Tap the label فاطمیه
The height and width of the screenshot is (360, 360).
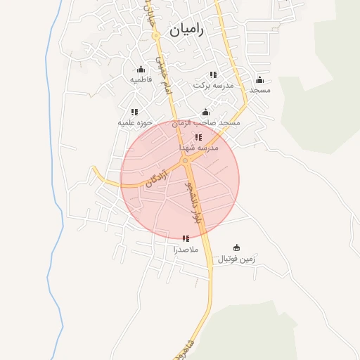tap(141, 80)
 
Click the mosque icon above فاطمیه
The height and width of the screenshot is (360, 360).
tap(141, 69)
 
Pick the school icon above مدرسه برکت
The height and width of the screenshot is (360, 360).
tap(213, 75)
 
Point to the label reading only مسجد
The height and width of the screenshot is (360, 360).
tap(259, 90)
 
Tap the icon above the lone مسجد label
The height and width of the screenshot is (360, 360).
tap(259, 79)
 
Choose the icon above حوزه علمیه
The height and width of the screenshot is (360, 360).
tap(134, 112)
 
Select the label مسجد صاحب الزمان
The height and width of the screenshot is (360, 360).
tap(210, 123)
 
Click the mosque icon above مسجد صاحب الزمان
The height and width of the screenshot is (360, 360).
tap(205, 112)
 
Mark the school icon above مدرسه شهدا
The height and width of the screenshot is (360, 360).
tap(198, 137)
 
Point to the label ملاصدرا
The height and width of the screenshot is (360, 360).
tap(186, 250)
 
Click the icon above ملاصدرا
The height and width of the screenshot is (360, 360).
tap(186, 238)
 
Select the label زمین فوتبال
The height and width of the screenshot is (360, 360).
tap(236, 259)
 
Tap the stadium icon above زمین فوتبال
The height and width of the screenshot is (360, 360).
tap(236, 247)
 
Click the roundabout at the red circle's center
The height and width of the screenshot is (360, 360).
tap(185, 162)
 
